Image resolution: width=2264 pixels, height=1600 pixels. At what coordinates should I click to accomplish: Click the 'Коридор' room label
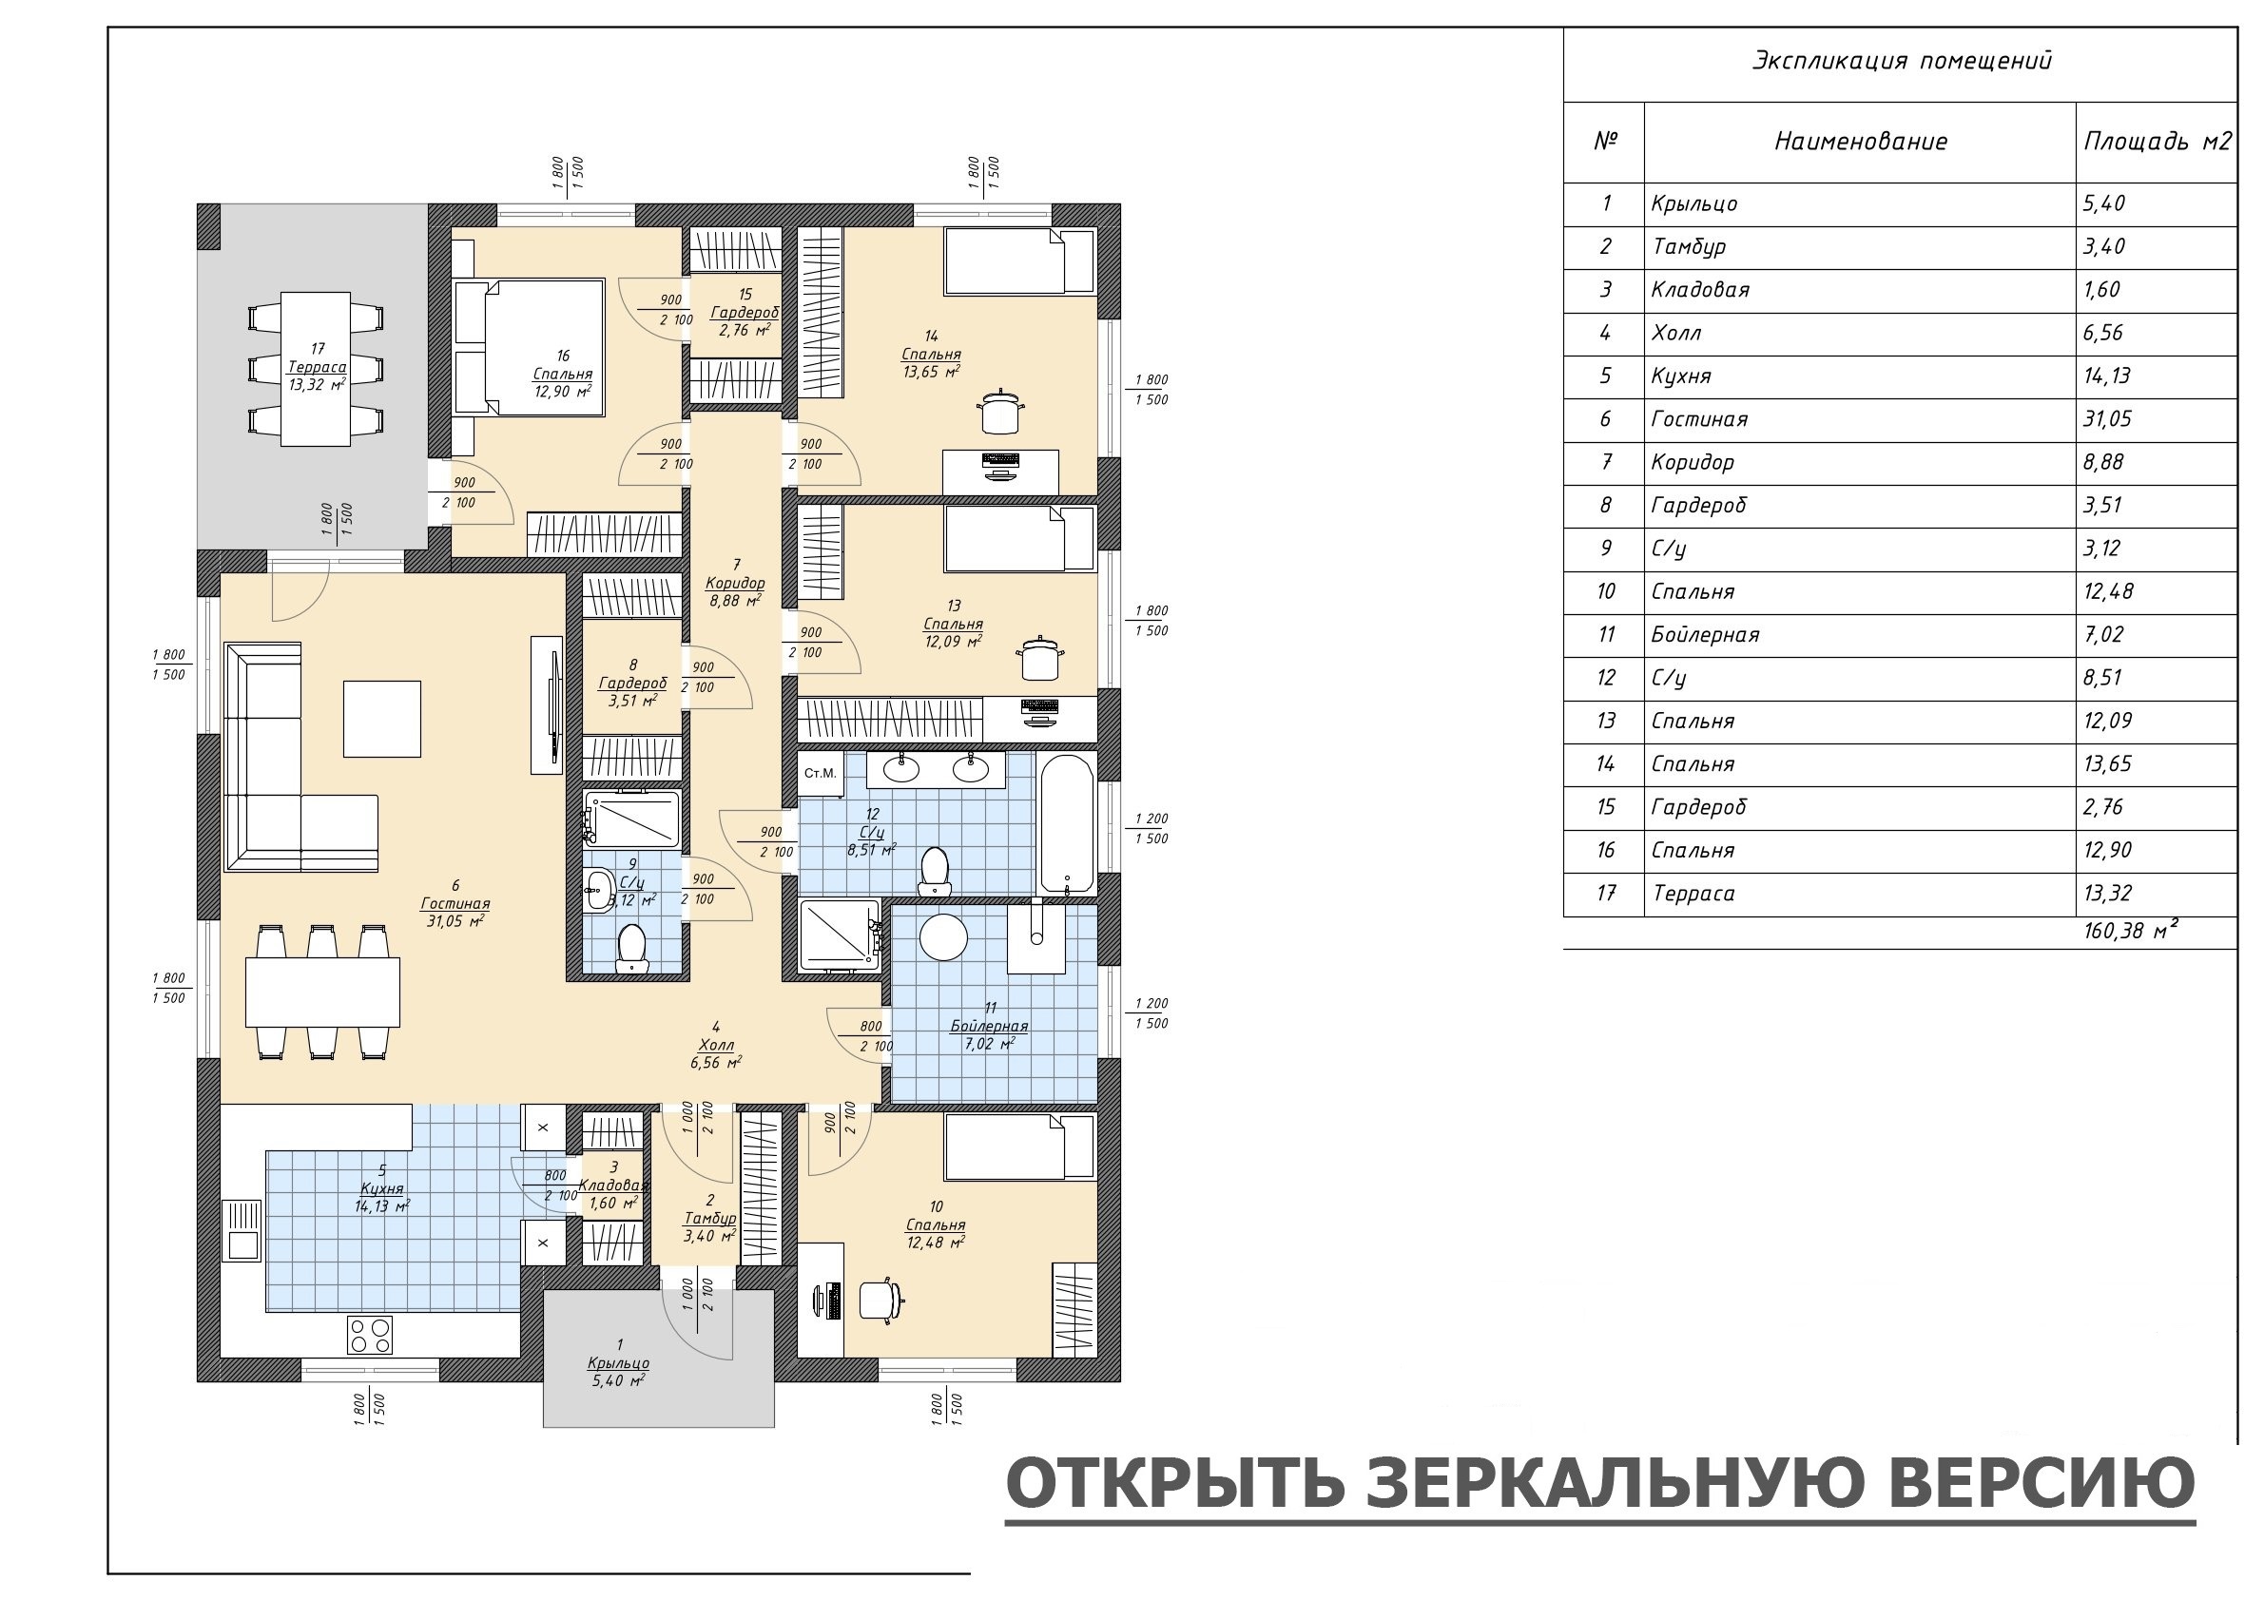(x=736, y=583)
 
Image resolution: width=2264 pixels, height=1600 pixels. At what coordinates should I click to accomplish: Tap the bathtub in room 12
(x=1067, y=824)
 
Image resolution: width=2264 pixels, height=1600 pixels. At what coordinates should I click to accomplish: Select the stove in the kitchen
(x=370, y=1335)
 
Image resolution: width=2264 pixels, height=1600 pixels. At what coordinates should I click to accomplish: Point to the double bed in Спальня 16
(x=529, y=347)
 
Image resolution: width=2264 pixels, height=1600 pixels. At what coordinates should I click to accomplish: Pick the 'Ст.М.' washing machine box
(x=821, y=774)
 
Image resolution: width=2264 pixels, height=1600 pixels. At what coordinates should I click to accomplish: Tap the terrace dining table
(x=316, y=369)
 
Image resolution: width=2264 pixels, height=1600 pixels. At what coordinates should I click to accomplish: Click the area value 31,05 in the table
(x=2107, y=419)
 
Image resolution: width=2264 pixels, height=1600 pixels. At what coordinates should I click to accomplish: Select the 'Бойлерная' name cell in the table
(x=1705, y=635)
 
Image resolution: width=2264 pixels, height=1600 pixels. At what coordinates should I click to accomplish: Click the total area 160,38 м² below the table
(x=2130, y=931)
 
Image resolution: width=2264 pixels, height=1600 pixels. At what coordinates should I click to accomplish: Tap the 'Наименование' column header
(x=1861, y=142)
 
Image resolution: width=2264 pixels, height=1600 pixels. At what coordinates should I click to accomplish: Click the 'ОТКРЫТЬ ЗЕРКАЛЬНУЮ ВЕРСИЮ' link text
(x=1600, y=1482)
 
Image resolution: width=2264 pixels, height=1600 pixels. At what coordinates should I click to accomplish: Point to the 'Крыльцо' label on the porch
(x=618, y=1362)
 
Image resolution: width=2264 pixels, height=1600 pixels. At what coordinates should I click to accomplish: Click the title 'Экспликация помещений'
(x=1901, y=61)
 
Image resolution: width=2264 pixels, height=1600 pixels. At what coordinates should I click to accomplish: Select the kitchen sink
(x=241, y=1230)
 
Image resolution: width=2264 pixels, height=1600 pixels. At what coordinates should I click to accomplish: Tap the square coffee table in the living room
(x=382, y=719)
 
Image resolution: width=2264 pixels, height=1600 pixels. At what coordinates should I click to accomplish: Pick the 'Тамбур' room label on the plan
(x=710, y=1219)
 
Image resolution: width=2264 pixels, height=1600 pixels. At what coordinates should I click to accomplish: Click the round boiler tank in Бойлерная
(x=943, y=936)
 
